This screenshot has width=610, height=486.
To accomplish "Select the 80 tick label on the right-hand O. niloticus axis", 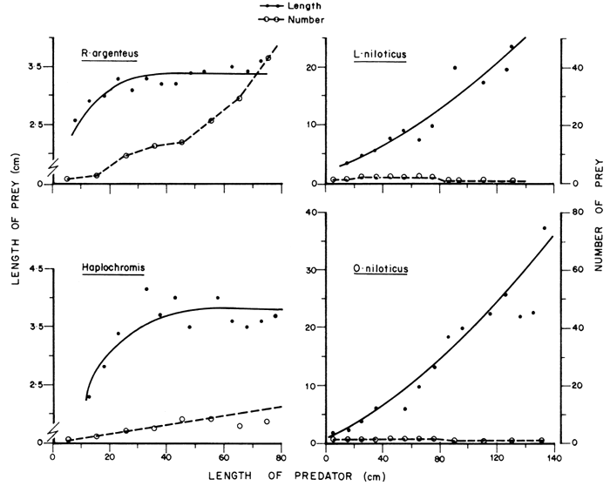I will pyautogui.click(x=575, y=212).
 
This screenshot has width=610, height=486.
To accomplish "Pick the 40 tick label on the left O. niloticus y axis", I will pyautogui.click(x=309, y=212).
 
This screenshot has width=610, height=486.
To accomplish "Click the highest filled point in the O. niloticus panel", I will pyautogui.click(x=545, y=228).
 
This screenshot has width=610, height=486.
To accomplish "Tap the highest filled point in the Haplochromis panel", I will pyautogui.click(x=146, y=289).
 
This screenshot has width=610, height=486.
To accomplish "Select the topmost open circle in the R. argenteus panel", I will pyautogui.click(x=268, y=58).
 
